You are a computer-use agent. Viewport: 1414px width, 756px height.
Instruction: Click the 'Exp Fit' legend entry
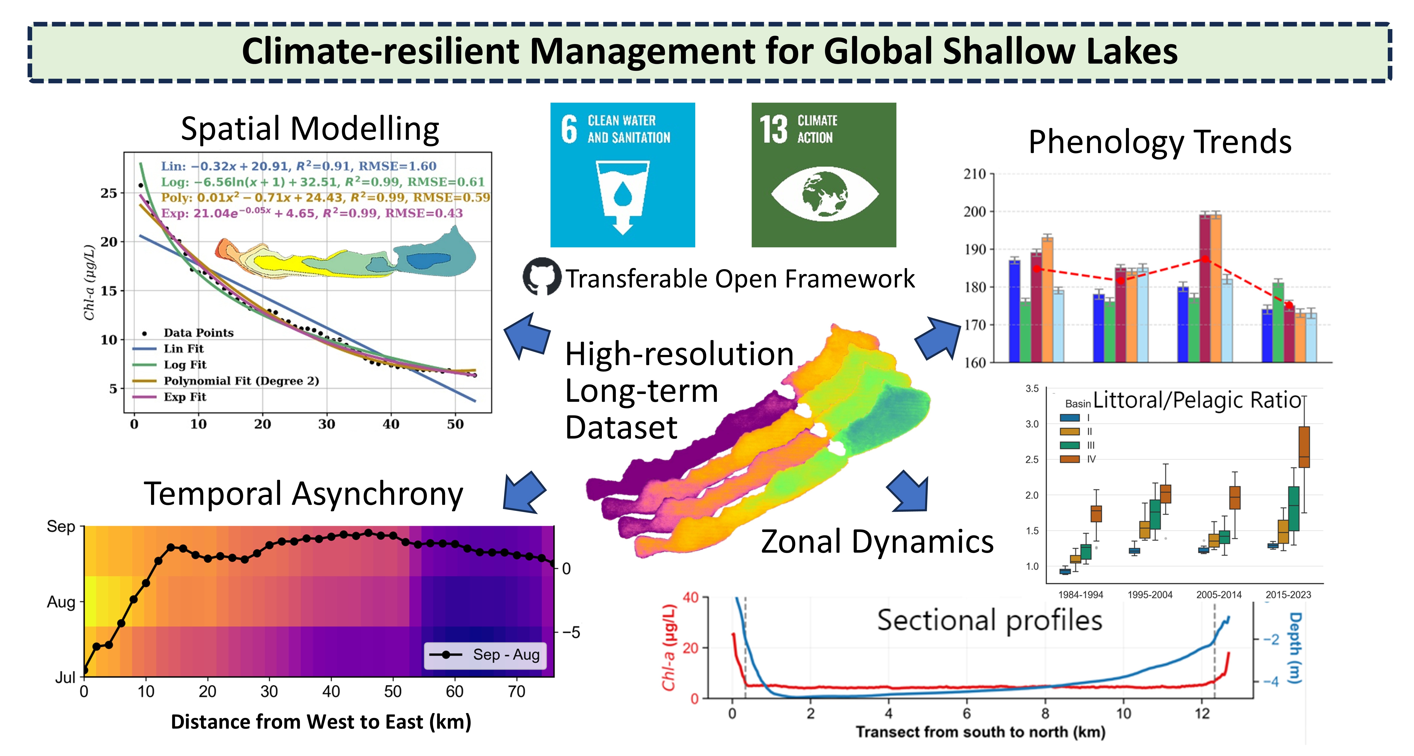(x=185, y=397)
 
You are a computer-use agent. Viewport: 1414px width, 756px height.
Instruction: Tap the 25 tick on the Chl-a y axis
(x=109, y=193)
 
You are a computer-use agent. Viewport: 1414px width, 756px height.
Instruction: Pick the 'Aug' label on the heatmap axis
(x=61, y=602)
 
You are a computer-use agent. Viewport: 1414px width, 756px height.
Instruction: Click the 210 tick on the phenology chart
(x=975, y=174)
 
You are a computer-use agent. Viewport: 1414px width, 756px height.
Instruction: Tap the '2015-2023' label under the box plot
(x=1288, y=595)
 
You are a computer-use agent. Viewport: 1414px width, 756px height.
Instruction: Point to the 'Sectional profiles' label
(x=989, y=620)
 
